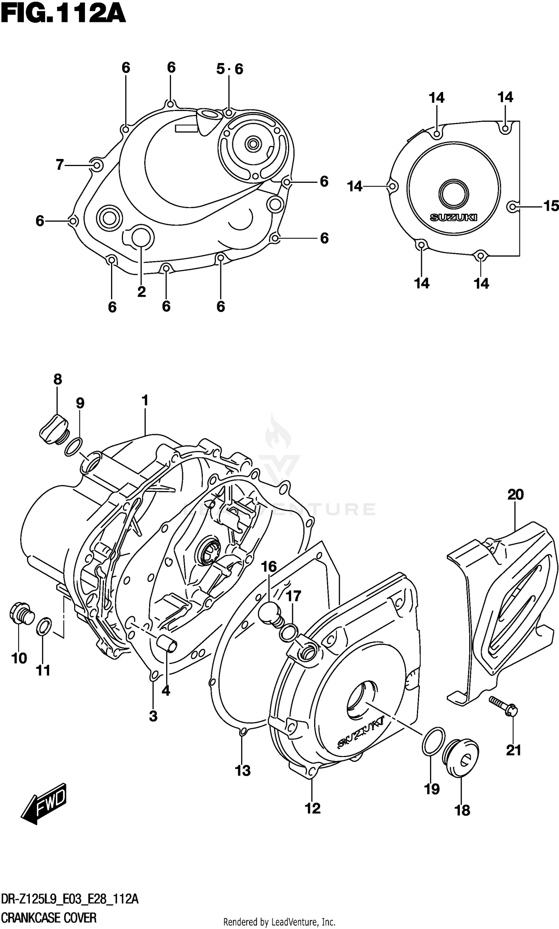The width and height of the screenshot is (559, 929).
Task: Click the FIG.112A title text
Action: pos(63,14)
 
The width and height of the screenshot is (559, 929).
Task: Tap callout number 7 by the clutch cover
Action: pos(60,165)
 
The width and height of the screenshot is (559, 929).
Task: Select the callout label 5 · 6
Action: pos(230,69)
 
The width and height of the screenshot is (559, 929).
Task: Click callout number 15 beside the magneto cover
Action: pos(551,206)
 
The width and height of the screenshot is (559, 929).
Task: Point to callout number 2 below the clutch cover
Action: pos(141,292)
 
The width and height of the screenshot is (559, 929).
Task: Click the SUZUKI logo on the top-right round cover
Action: pos(454,217)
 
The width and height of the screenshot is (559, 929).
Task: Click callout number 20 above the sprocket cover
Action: pos(515,494)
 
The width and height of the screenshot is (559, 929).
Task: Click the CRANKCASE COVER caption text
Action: pos(48,918)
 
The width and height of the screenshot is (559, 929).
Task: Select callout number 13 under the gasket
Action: pos(243,771)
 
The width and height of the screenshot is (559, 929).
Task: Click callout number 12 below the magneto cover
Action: pos(312,808)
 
